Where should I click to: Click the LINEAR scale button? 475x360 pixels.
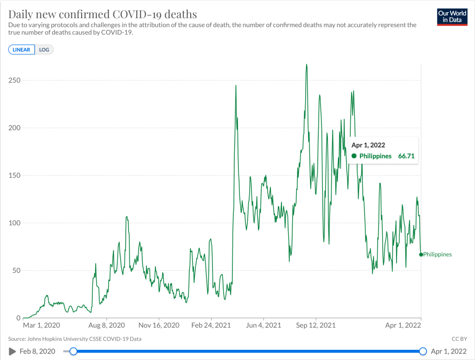(x=21, y=50)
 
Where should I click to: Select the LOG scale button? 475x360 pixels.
(x=44, y=50)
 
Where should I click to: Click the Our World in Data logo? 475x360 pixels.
(x=452, y=17)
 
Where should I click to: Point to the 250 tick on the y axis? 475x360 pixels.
(x=15, y=80)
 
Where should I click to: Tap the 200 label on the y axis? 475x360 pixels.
(x=15, y=128)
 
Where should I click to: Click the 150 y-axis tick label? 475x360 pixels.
(x=15, y=175)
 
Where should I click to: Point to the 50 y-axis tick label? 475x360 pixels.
(x=17, y=270)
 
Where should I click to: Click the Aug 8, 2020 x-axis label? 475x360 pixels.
(x=107, y=326)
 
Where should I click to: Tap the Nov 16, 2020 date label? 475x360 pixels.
(x=159, y=326)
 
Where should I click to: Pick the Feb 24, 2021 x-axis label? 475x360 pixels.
(x=211, y=326)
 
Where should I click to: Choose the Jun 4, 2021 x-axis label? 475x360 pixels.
(x=263, y=326)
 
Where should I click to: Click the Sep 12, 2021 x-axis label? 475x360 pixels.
(x=316, y=326)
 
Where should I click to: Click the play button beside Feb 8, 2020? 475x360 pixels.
(x=13, y=351)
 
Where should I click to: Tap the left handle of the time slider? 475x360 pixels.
(x=73, y=351)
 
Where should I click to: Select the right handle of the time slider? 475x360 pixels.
(x=423, y=351)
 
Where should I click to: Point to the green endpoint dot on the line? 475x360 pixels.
(x=421, y=254)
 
